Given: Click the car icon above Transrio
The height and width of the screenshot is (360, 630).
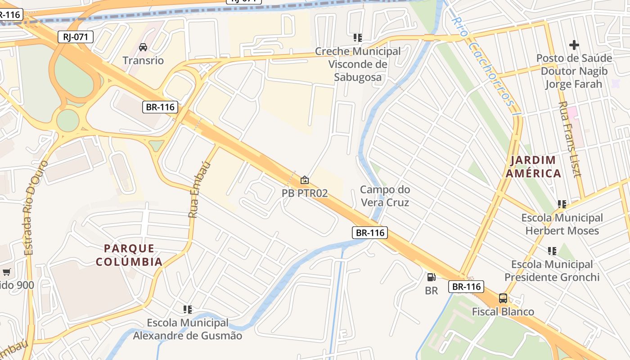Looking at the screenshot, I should point(143,47).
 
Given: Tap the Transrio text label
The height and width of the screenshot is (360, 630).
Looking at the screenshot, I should point(143,60).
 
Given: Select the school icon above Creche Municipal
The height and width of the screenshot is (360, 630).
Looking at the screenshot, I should point(358,38).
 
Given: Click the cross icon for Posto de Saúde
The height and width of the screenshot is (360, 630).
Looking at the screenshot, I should point(574,45).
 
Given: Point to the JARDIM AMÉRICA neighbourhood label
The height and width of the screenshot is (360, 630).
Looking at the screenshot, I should point(533,166).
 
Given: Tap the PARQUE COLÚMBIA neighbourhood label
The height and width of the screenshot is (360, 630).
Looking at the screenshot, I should point(129,255).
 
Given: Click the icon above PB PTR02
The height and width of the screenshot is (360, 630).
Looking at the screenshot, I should point(305,180).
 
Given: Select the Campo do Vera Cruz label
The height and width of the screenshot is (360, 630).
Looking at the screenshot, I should point(385,196).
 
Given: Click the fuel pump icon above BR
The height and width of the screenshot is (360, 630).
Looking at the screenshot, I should point(431,277).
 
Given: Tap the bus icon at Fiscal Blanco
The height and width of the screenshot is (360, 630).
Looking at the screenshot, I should point(503,298).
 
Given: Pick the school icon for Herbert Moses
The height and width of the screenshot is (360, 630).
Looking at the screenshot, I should point(562,204).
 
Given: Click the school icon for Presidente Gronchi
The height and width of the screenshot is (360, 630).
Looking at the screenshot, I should point(552,251).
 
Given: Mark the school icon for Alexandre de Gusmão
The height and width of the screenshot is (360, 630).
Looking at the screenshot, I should point(188,310).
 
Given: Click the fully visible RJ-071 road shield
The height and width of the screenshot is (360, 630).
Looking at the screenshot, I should point(75,37).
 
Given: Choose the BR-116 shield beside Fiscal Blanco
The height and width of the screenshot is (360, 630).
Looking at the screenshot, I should point(466,286).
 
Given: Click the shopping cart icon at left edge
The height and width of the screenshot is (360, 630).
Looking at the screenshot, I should point(6,272).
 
